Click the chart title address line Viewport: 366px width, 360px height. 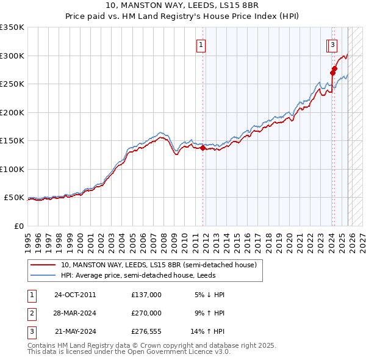pos(183,6)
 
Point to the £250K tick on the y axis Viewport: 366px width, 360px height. pos(12,84)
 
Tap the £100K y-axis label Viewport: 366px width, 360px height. pos(12,169)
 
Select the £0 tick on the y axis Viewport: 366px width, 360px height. pos(18,226)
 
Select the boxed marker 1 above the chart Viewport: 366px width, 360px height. pos(201,44)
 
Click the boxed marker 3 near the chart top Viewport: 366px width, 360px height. pos(332,44)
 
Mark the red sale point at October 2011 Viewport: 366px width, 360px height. pos(203,147)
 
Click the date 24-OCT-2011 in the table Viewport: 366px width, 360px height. pos(74,295)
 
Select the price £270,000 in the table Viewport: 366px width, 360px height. pos(146,313)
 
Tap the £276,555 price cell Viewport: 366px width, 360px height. pos(146,332)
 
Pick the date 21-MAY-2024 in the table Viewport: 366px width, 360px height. pos(74,332)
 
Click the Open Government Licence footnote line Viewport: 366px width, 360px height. pos(129,352)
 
